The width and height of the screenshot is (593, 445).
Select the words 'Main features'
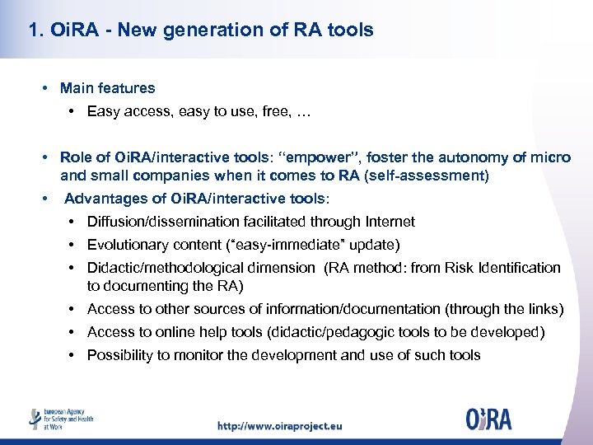point(107,87)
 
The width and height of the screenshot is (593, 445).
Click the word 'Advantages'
point(104,199)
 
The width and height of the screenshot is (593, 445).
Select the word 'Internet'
point(388,222)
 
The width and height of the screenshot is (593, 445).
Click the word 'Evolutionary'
point(126,245)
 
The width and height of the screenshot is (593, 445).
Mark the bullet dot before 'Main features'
point(49,88)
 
